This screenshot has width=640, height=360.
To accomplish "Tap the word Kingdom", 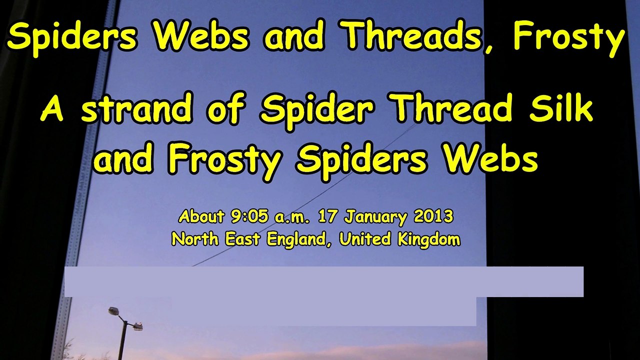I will click(x=428, y=240).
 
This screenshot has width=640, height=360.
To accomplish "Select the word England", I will click(x=295, y=239).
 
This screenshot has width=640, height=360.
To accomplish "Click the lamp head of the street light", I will click(x=114, y=310).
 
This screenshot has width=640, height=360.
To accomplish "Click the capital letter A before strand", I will click(x=52, y=109).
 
